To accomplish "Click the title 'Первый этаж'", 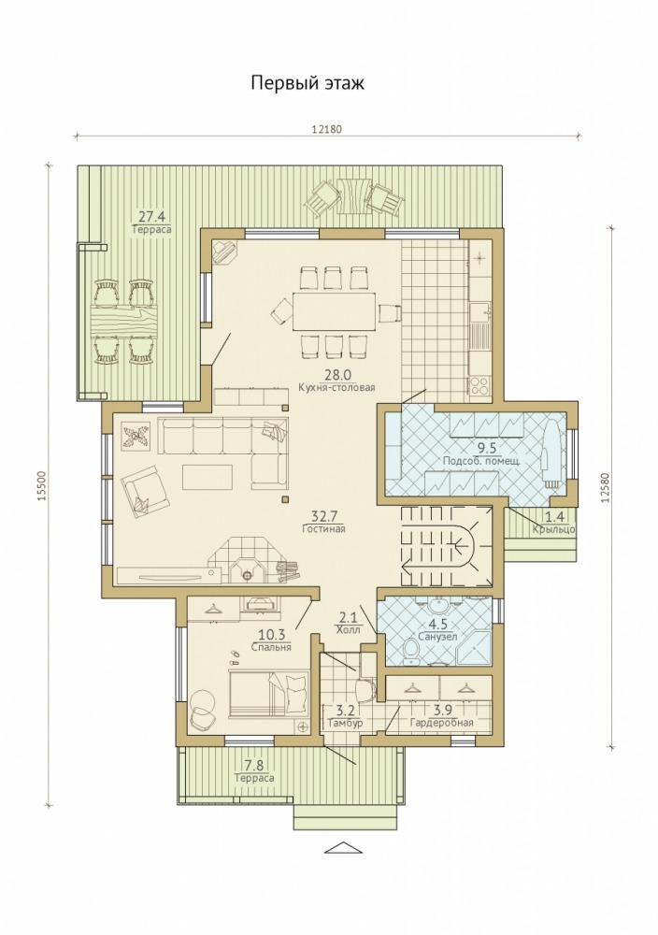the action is (x=307, y=83).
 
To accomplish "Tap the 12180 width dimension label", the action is (x=327, y=129).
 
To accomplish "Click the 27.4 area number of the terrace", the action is (x=152, y=217).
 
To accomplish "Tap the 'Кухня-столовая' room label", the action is (x=336, y=388).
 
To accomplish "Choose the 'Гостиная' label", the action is (x=323, y=528).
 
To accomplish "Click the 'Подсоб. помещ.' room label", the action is (x=481, y=460).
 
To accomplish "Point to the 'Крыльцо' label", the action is (x=553, y=529).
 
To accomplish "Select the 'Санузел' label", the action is (x=437, y=636).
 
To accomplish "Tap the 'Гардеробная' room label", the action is (x=442, y=723).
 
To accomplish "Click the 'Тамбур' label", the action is (x=346, y=723).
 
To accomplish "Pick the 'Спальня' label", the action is (x=271, y=647).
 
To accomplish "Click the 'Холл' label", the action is (x=348, y=629).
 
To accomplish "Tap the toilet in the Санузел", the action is (x=411, y=651).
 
